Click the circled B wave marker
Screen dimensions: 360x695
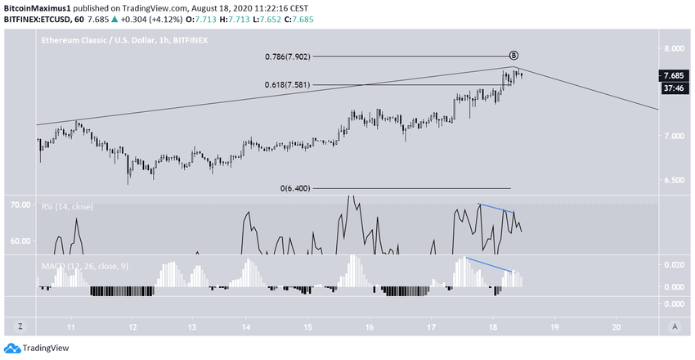[513, 56]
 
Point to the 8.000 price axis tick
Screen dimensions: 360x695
[673, 47]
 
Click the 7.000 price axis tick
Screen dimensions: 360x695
[673, 136]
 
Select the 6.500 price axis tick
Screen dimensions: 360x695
[673, 180]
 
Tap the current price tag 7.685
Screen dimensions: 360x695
[674, 75]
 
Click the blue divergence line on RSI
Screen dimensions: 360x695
[495, 209]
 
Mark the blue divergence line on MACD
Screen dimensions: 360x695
[489, 264]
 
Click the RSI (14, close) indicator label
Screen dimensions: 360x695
[67, 207]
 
